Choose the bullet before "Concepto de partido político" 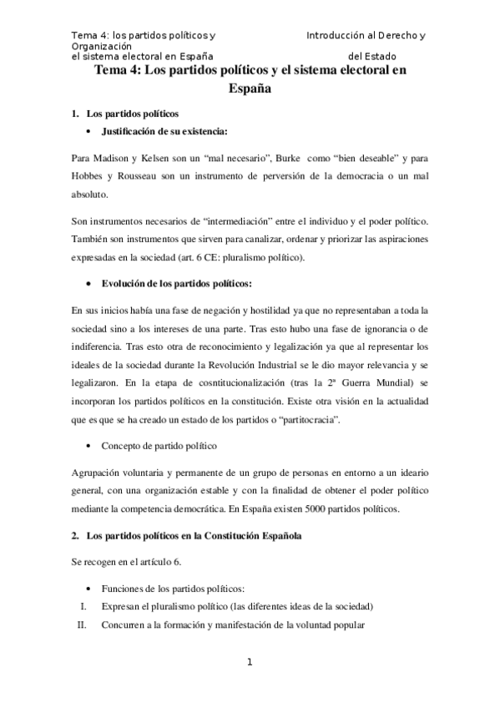point(88,446)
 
